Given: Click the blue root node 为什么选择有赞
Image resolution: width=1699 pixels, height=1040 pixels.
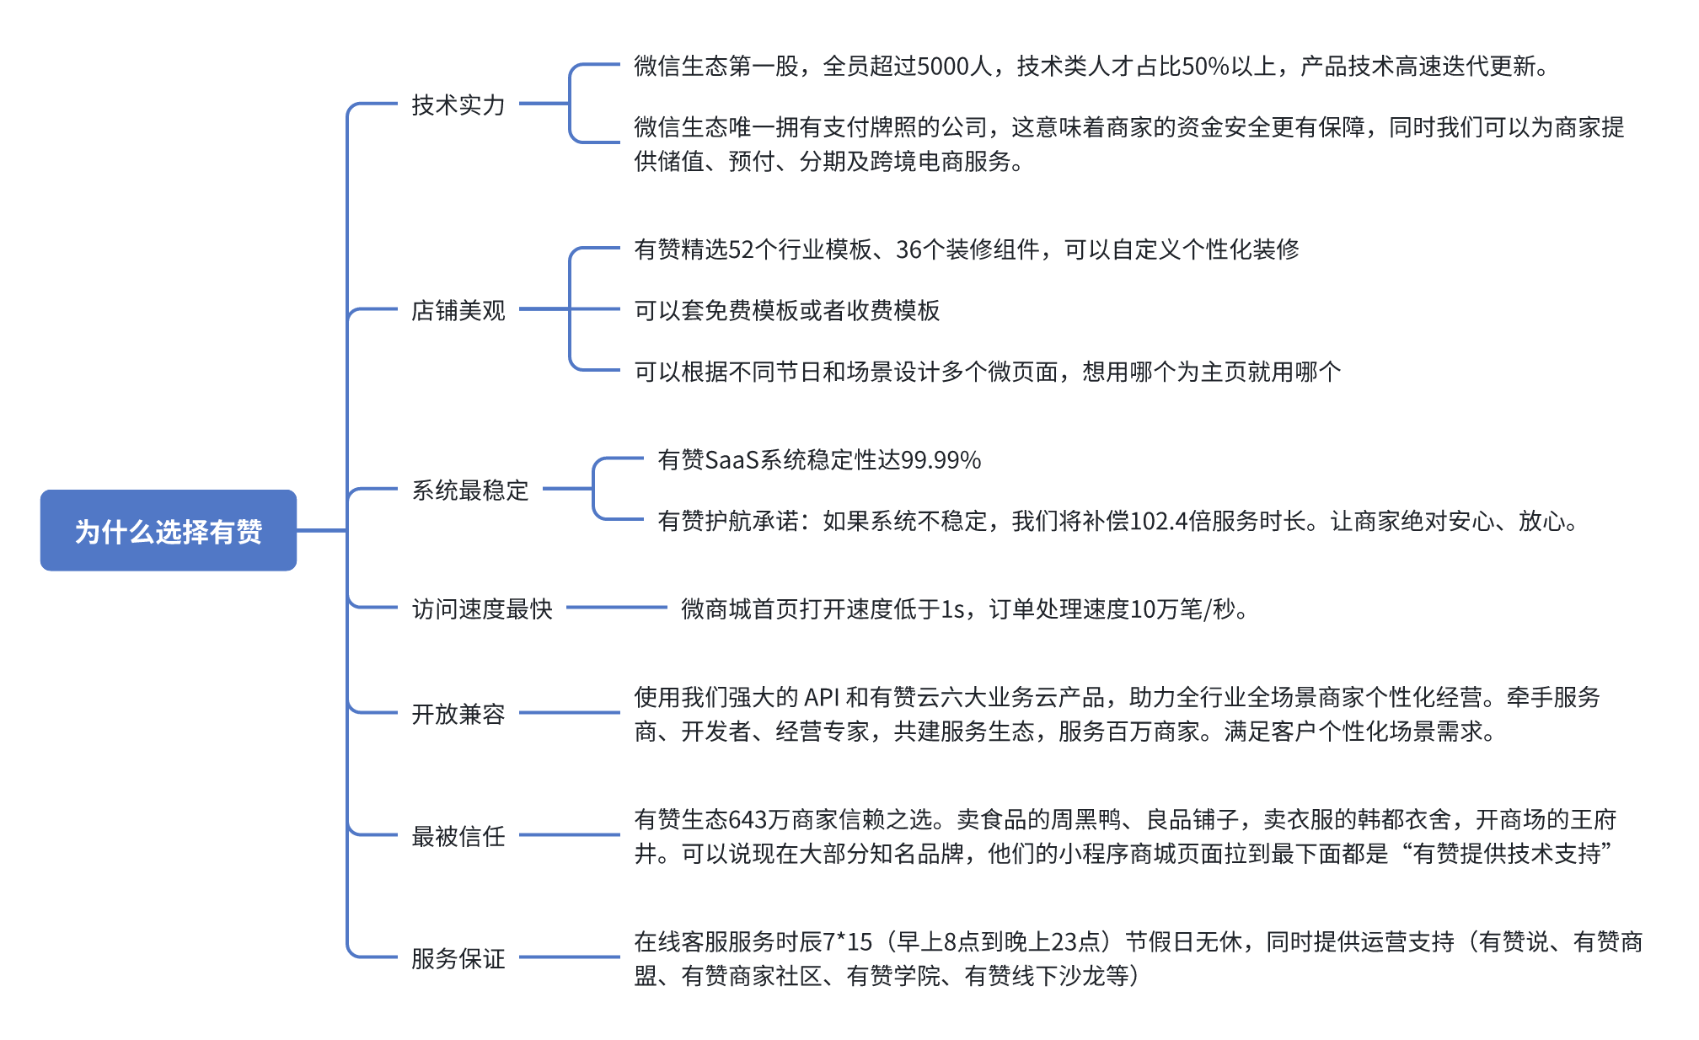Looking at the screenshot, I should (169, 530).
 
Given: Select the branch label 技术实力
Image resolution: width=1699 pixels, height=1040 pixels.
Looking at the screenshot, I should (458, 105).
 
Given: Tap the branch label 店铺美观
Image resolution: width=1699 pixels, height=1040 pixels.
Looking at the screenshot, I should (458, 310).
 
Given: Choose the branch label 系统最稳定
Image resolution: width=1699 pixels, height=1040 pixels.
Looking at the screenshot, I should (469, 490).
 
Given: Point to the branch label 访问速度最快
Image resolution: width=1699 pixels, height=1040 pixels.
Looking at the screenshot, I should (481, 608).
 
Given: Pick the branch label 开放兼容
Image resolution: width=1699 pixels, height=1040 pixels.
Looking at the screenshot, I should (458, 714).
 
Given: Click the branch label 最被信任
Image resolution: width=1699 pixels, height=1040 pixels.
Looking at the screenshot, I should (458, 836).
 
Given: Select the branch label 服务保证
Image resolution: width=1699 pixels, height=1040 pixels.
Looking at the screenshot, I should (458, 958).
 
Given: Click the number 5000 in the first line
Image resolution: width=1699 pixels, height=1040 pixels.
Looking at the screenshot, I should (942, 66).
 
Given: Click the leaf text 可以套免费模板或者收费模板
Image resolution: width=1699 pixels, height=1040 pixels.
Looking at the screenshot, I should (786, 310).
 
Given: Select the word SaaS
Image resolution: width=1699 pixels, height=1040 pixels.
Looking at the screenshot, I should (731, 460).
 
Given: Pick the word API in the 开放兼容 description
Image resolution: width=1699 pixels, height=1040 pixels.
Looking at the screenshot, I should (823, 697).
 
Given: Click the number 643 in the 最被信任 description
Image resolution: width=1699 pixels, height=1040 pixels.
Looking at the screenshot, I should (748, 819).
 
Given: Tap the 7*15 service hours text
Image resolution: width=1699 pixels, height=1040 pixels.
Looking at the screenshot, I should (847, 941).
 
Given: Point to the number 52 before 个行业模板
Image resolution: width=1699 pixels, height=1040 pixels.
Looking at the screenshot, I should (741, 249).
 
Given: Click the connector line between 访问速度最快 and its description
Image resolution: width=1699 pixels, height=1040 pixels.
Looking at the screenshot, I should (616, 608).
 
